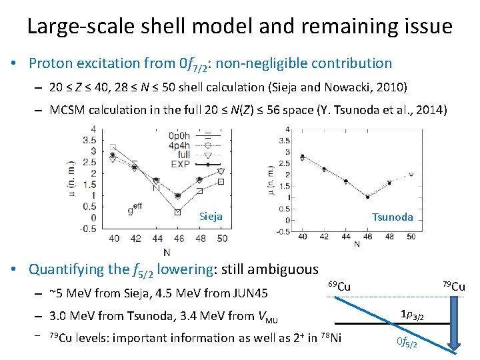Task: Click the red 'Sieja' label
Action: pyautogui.click(x=211, y=216)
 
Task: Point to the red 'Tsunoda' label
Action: pyautogui.click(x=392, y=217)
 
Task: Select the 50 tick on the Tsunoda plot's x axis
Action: pyautogui.click(x=411, y=236)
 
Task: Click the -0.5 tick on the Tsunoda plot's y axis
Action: pyautogui.click(x=283, y=231)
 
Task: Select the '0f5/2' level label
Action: pyautogui.click(x=409, y=342)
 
